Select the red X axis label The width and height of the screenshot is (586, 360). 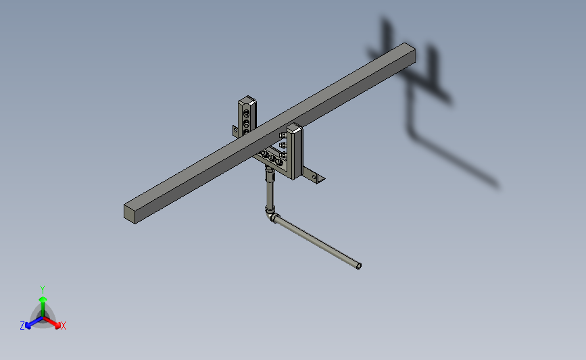pos(64,326)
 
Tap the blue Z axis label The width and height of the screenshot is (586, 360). pos(22,326)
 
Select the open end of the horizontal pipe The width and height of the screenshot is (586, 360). pos(358,266)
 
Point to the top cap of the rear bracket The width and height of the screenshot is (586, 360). pos(247,102)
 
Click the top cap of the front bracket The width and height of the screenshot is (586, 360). pos(295,127)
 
